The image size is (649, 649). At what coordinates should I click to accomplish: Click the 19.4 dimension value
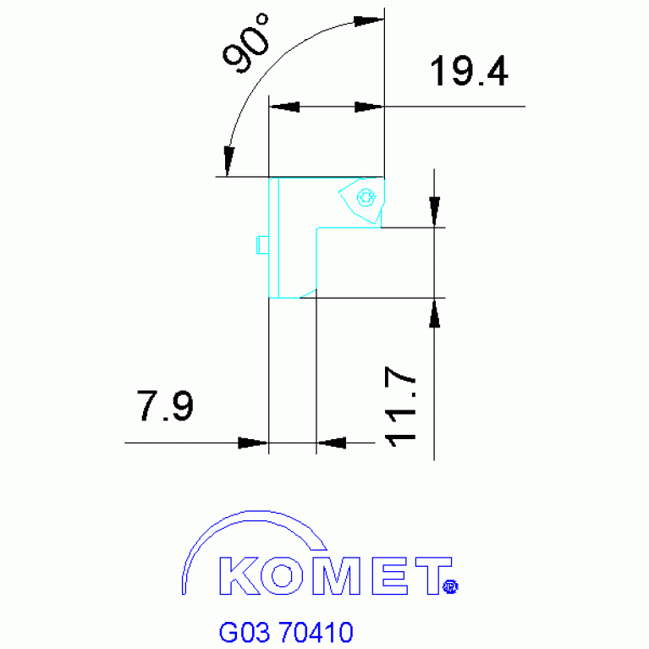469,73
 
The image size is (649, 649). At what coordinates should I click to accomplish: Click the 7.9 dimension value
166,407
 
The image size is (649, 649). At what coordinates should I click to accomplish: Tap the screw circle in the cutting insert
366,197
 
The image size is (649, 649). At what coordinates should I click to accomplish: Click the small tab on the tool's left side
261,245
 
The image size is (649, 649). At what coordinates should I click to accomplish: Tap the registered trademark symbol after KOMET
450,585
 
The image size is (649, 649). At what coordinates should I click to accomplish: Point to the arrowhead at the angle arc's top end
366,20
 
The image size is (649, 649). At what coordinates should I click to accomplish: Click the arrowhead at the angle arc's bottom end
228,160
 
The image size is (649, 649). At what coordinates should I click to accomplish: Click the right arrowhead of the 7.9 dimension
332,443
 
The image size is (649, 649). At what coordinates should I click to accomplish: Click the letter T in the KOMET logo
431,575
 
